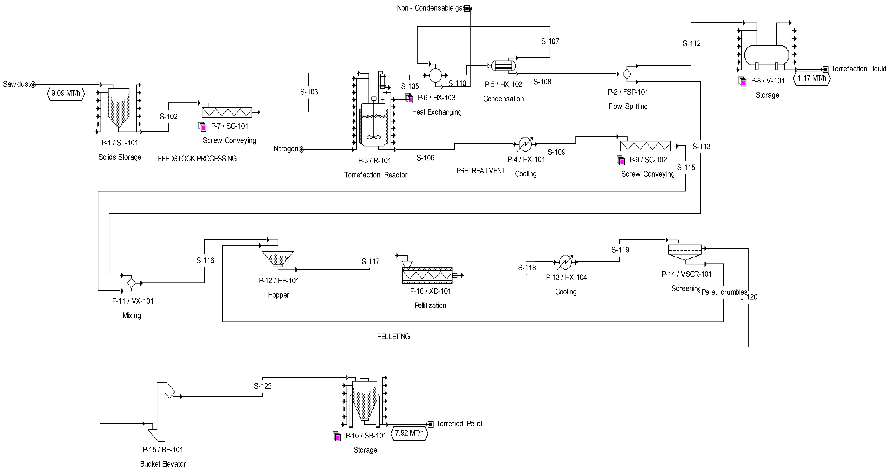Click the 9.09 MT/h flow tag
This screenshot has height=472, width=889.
click(66, 93)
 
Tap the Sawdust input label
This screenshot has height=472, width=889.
click(17, 84)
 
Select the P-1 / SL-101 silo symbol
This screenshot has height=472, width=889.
click(119, 107)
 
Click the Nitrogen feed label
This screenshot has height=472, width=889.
click(286, 149)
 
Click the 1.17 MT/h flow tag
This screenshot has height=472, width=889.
click(812, 78)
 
